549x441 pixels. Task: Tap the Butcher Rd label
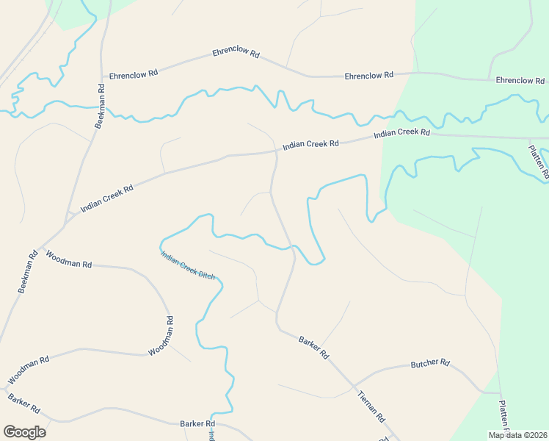coord(429,364)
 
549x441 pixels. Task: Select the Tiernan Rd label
coord(371,405)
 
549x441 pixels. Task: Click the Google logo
coord(24,432)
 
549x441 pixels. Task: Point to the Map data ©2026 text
coord(517,435)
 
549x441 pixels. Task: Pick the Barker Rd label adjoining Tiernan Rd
coord(313,347)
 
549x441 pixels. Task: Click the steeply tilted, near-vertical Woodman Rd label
coord(161,336)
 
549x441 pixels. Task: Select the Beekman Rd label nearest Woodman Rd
coord(28,273)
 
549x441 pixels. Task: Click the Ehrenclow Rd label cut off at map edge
coord(520,80)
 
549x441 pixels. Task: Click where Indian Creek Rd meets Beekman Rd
coord(68,215)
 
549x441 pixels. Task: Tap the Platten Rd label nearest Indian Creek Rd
coord(538,163)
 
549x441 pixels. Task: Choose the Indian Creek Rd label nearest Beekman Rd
coord(106,198)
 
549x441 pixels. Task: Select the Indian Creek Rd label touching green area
coord(401,133)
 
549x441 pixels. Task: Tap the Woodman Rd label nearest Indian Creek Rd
coord(68,259)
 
